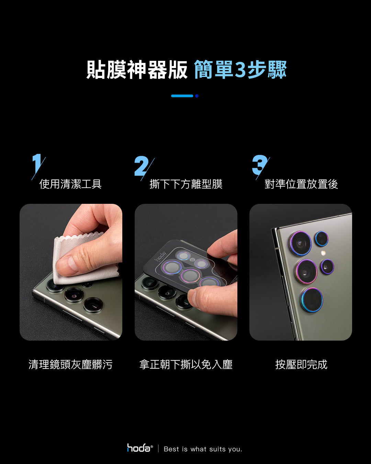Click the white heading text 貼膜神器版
pos(137,70)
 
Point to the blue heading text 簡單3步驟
pos(240,70)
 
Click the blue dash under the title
pos(182,96)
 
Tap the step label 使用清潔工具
pos(70,184)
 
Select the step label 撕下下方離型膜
pos(186,184)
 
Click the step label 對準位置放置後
pos(301,184)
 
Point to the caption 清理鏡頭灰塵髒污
pos(70,364)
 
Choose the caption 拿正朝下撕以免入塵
pos(186,364)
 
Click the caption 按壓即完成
pos(301,364)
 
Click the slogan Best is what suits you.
pos(203,449)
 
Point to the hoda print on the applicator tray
pos(160,256)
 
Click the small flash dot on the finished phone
pos(323,253)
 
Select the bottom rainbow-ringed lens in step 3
pos(312,300)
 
